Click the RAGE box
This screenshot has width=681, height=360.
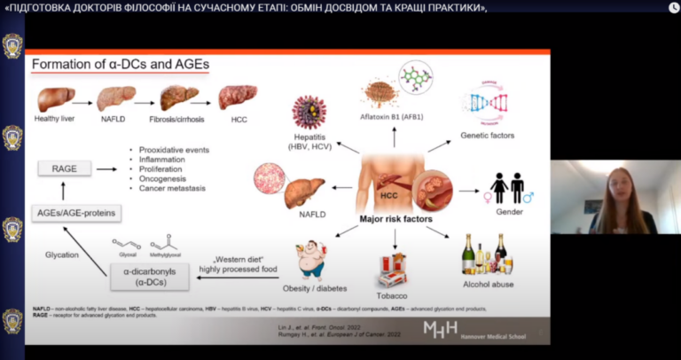point(65,167)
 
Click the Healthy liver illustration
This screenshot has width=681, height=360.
point(55,98)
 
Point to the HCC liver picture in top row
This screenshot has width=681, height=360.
point(237,97)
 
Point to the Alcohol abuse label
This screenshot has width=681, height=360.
point(488,284)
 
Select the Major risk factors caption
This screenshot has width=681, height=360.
point(395,218)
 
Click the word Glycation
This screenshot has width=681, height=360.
point(62,254)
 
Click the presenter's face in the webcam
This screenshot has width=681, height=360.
point(614,187)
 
